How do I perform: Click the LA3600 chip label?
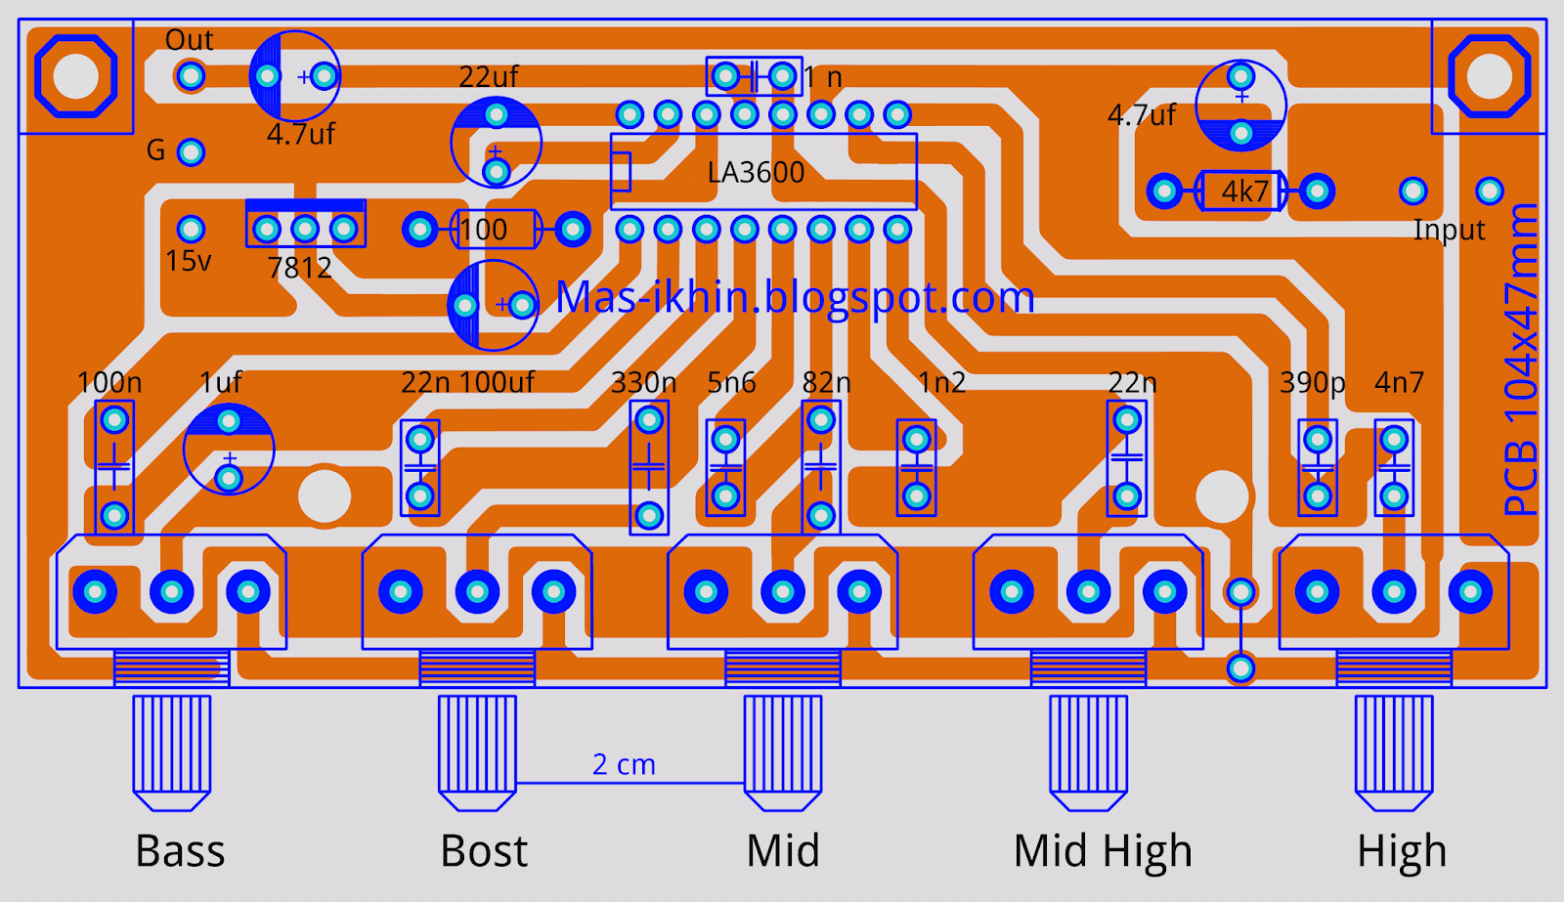click(757, 172)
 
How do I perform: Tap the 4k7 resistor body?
click(1240, 191)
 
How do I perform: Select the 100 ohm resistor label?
click(483, 230)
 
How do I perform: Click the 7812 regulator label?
click(299, 268)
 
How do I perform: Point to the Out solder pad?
click(190, 75)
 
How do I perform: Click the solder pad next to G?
click(191, 152)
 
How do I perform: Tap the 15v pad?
click(191, 229)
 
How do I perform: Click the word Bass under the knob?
click(180, 851)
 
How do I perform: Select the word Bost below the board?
click(484, 851)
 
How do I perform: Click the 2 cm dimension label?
click(624, 764)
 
